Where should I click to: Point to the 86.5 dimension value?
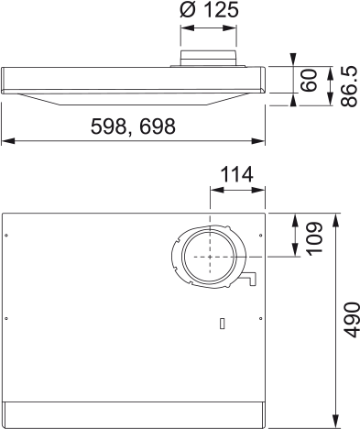348,84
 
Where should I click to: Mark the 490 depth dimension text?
350,318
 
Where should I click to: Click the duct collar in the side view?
208,61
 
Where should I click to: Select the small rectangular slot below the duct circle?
222,323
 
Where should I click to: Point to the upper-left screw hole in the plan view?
7,235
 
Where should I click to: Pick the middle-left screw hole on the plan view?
7,317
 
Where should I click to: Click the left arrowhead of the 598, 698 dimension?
5,141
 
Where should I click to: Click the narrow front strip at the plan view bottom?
134,415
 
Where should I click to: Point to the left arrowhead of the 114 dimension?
214,192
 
